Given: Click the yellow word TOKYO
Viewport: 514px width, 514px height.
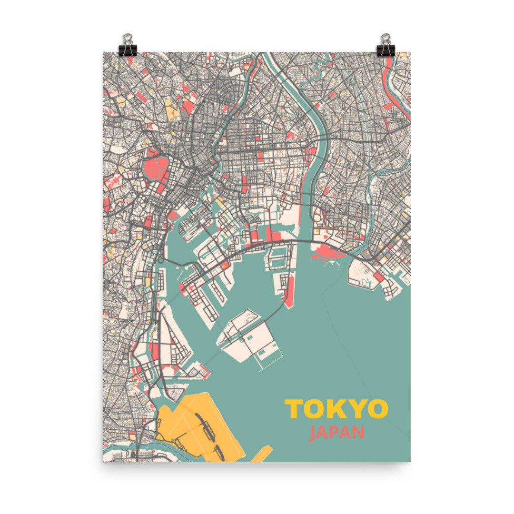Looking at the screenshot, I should tap(336, 409).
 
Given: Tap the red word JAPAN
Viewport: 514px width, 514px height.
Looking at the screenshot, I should tap(336, 434).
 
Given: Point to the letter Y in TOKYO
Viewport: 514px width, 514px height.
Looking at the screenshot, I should tap(356, 409).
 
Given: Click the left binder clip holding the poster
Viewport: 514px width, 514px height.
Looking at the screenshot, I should tap(128, 46).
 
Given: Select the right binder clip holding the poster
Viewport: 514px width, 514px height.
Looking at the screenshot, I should tap(385, 46).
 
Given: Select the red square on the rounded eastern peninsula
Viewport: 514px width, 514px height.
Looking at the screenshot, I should tap(379, 277).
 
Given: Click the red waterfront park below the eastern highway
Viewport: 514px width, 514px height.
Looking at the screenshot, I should tap(328, 252).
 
